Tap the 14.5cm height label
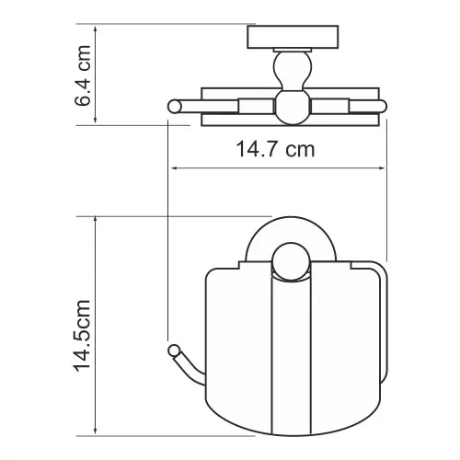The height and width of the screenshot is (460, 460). (x=82, y=328)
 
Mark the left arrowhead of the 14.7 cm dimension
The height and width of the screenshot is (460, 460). (x=173, y=168)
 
